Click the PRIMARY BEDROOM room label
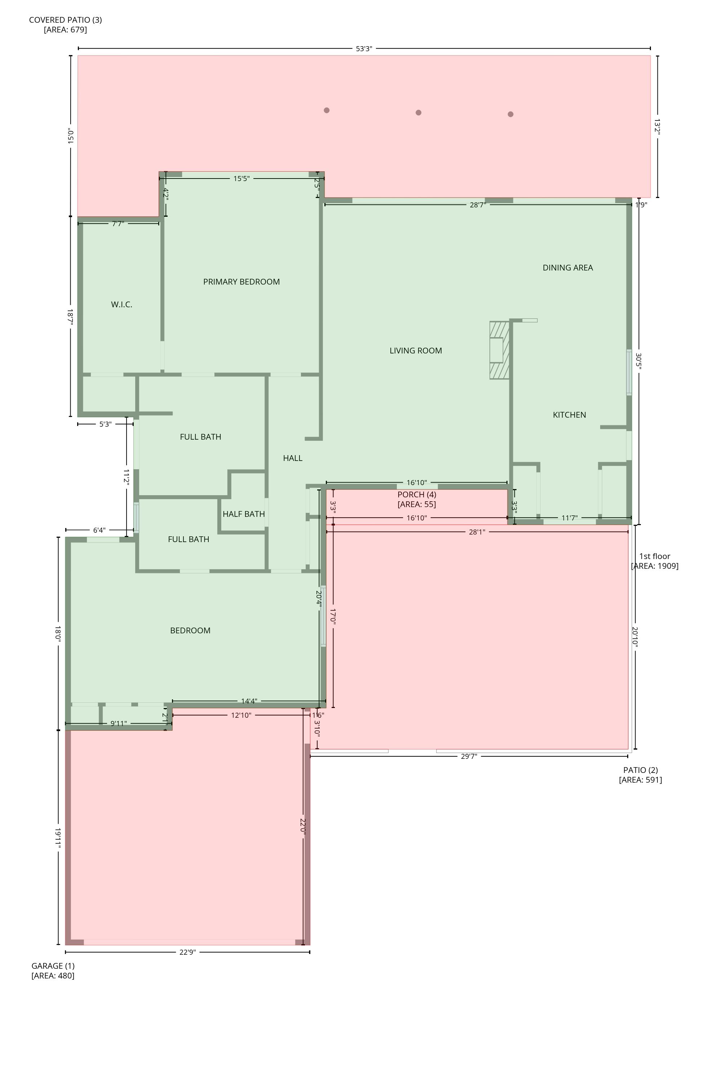pyautogui.click(x=241, y=282)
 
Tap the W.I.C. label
pyautogui.click(x=121, y=304)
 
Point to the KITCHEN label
pyautogui.click(x=569, y=415)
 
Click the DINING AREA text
pyautogui.click(x=567, y=268)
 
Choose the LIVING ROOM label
pyautogui.click(x=416, y=351)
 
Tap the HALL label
pyautogui.click(x=293, y=458)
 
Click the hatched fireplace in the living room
pyautogui.click(x=499, y=350)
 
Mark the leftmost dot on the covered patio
pyautogui.click(x=327, y=110)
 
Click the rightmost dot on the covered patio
pyautogui.click(x=510, y=114)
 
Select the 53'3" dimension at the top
pyautogui.click(x=364, y=49)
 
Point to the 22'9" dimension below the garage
pyautogui.click(x=187, y=952)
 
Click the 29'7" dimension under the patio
pyautogui.click(x=469, y=756)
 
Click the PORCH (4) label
pyautogui.click(x=416, y=494)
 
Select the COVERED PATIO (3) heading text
pyautogui.click(x=65, y=20)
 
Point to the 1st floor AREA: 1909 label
pyautogui.click(x=655, y=561)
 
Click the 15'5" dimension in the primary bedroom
pyautogui.click(x=241, y=179)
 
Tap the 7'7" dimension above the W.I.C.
pyautogui.click(x=118, y=224)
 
